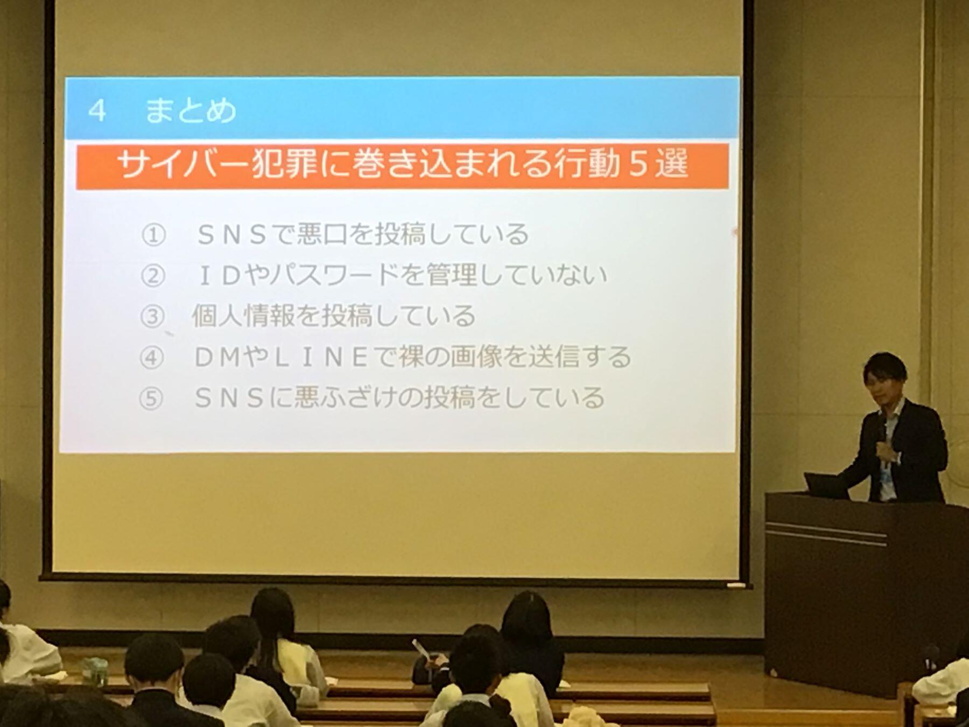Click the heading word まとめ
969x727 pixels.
[191, 110]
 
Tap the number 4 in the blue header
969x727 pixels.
[97, 111]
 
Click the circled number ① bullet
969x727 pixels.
[153, 235]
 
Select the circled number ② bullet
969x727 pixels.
[152, 276]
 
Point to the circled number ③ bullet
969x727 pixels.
[152, 317]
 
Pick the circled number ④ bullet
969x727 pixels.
[151, 358]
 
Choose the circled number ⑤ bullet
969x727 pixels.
[151, 399]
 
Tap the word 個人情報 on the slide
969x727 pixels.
[243, 316]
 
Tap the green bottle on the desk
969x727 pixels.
[95, 670]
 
